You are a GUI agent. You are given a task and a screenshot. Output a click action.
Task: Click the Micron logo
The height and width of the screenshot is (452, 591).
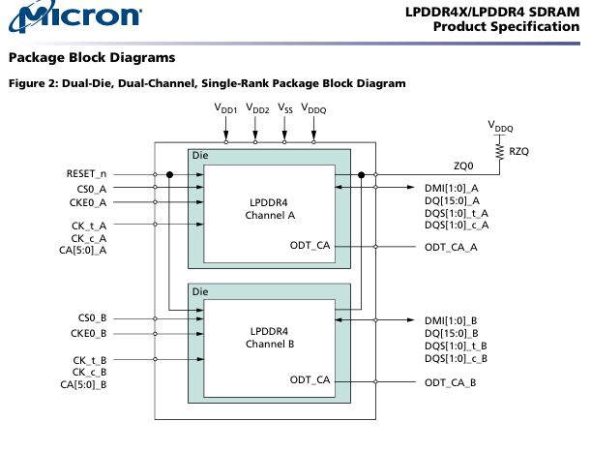tap(73, 16)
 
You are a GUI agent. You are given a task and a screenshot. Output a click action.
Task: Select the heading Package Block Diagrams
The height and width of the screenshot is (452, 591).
tap(91, 58)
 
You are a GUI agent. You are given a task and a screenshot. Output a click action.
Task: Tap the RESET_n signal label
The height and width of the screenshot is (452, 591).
tap(86, 174)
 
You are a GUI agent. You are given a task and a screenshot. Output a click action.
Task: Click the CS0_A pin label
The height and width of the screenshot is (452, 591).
tap(92, 189)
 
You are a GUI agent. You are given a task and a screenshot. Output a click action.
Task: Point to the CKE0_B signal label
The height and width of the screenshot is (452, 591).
tap(89, 333)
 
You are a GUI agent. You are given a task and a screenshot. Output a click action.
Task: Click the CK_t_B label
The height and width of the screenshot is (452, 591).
tap(89, 360)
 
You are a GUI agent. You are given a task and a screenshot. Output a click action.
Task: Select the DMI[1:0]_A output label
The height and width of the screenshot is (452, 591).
tap(452, 188)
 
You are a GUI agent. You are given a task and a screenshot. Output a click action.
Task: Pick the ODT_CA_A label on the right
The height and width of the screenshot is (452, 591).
tap(451, 248)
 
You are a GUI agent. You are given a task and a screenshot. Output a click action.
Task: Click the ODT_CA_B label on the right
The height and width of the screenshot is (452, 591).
tap(451, 383)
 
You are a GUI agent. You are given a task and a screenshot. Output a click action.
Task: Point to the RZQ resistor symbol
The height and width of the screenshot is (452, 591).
tap(500, 151)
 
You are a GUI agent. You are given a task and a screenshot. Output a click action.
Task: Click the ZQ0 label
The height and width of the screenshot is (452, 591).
tap(464, 166)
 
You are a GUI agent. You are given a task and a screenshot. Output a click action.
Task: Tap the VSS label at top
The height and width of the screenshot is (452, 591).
tap(285, 110)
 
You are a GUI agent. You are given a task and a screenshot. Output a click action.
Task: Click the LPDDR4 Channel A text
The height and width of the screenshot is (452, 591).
tap(269, 208)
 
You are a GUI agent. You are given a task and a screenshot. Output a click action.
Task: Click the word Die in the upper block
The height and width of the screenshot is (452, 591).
tap(200, 156)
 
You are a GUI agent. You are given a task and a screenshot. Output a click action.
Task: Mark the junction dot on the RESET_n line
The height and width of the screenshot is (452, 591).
tap(168, 174)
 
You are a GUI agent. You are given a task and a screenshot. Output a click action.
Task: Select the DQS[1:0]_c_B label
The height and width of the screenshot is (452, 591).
tap(456, 359)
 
